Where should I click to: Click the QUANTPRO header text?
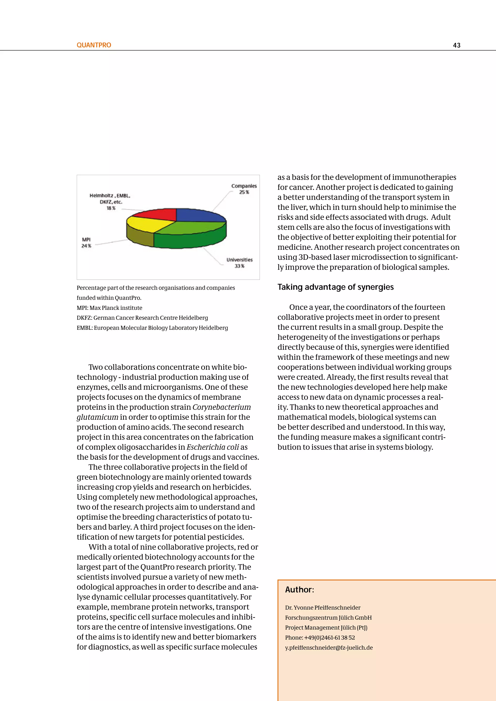tap(94, 45)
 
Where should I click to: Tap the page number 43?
tap(457, 46)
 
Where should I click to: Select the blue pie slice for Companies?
tap(199, 215)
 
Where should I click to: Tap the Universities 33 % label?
tap(240, 263)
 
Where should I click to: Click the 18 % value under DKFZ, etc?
tap(111, 208)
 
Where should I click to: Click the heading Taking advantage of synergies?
tap(335, 287)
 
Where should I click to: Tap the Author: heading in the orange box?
tap(299, 590)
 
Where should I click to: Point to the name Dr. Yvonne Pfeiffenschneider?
tap(323, 608)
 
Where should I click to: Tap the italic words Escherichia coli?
tap(213, 447)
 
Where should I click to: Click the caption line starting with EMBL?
tap(152, 328)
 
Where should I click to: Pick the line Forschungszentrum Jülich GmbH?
tap(328, 618)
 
